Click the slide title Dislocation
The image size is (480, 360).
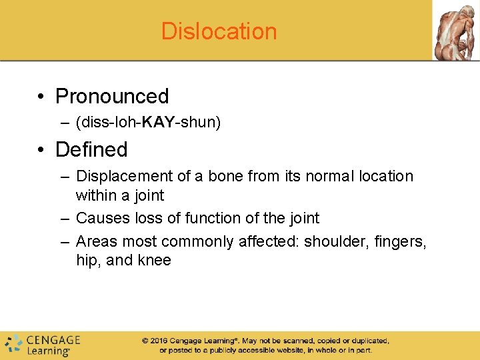tap(219, 31)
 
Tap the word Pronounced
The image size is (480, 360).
tap(112, 96)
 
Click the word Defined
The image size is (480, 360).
tap(91, 149)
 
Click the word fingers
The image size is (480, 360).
tap(397, 241)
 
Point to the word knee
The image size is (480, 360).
tap(155, 260)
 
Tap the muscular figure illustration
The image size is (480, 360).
tap(455, 30)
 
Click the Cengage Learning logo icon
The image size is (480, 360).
tap(13, 344)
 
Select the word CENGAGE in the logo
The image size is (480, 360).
tap(53, 339)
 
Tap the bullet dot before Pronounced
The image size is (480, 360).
tap(42, 97)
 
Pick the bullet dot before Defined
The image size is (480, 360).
tap(42, 150)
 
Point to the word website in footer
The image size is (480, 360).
tap(267, 350)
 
